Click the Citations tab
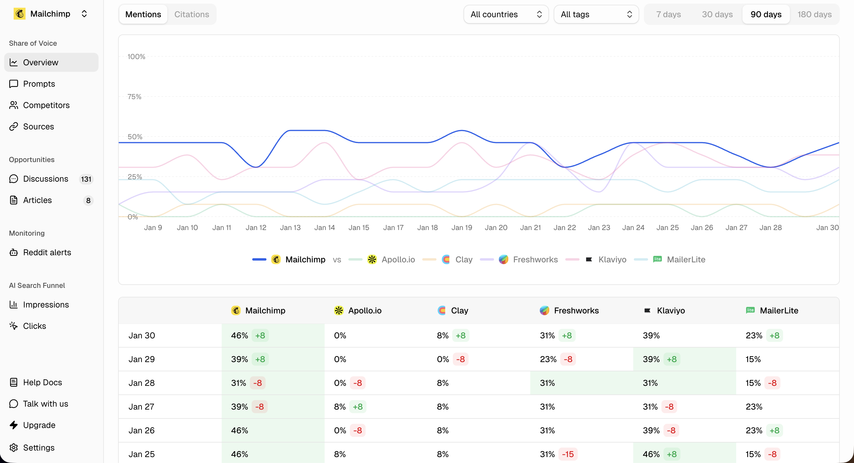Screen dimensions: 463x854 coord(192,14)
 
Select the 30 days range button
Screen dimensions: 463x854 coord(717,14)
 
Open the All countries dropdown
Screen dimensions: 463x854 coord(506,14)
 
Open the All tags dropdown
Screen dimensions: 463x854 coord(596,14)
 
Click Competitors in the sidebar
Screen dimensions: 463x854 coord(46,105)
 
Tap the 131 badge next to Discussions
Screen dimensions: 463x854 coord(86,179)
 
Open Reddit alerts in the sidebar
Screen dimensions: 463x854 coord(47,252)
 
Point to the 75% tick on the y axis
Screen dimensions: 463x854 coord(134,96)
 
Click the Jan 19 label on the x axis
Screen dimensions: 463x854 coord(461,228)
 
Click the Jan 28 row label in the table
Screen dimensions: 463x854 coord(142,383)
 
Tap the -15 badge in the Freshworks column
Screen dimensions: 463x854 coord(568,454)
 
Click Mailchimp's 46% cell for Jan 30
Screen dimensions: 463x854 coord(239,335)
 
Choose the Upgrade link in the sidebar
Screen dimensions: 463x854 coord(39,425)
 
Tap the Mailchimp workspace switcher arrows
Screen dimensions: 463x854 coord(84,14)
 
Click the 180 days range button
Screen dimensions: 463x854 coord(814,14)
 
